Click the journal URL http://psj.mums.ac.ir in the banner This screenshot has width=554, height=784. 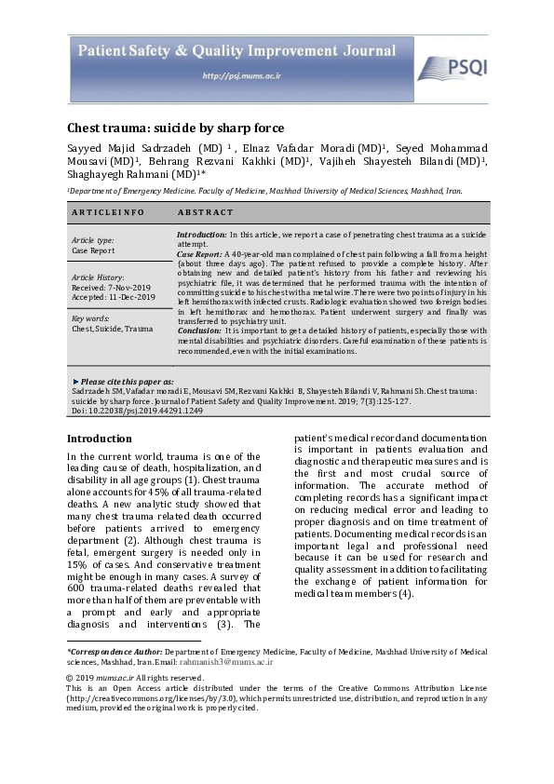pyautogui.click(x=234, y=75)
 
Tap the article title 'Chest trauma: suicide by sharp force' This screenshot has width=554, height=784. pyautogui.click(x=175, y=128)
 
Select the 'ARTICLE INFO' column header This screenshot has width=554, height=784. pyautogui.click(x=108, y=212)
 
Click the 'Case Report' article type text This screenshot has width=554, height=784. pyautogui.click(x=93, y=250)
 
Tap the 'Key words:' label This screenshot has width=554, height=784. pyautogui.click(x=91, y=318)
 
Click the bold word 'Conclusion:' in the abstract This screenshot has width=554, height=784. pyautogui.click(x=199, y=331)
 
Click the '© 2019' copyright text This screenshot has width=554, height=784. pyautogui.click(x=82, y=677)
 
